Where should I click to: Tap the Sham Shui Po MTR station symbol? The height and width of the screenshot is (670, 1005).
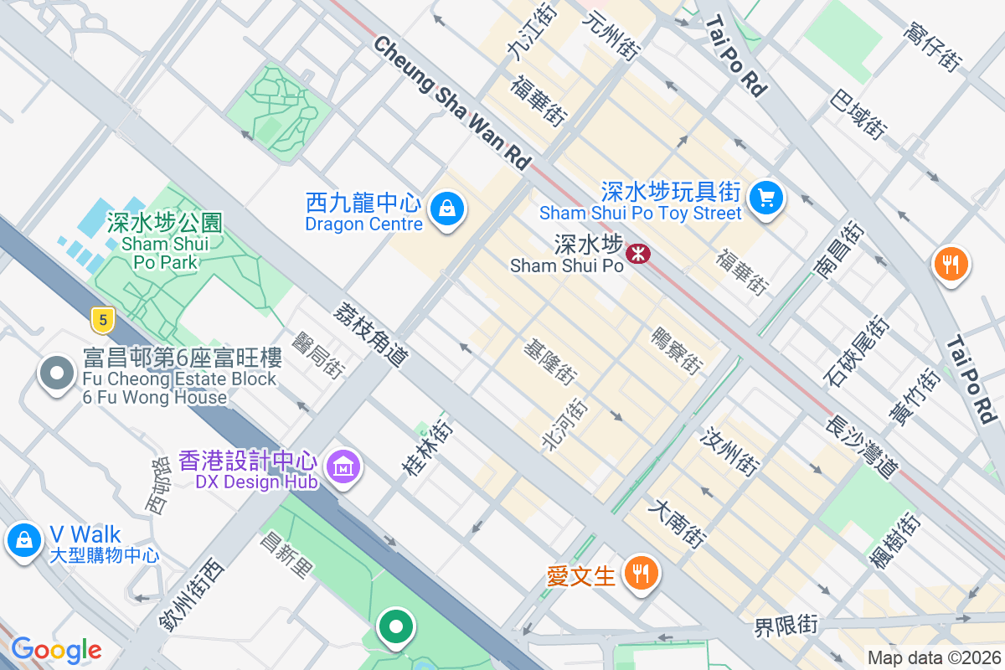639,253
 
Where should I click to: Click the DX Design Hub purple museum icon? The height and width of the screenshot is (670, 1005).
343,466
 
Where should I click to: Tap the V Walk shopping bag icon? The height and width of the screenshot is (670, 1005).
24,540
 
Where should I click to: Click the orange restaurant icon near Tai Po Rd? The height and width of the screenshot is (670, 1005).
950,264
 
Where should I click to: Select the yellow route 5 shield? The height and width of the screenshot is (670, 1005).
102,318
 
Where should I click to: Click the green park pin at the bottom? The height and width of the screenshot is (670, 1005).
396,626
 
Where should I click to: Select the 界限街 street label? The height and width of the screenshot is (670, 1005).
786,625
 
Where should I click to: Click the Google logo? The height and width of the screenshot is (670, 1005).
56,649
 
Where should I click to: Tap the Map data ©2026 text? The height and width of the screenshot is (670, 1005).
934,658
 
